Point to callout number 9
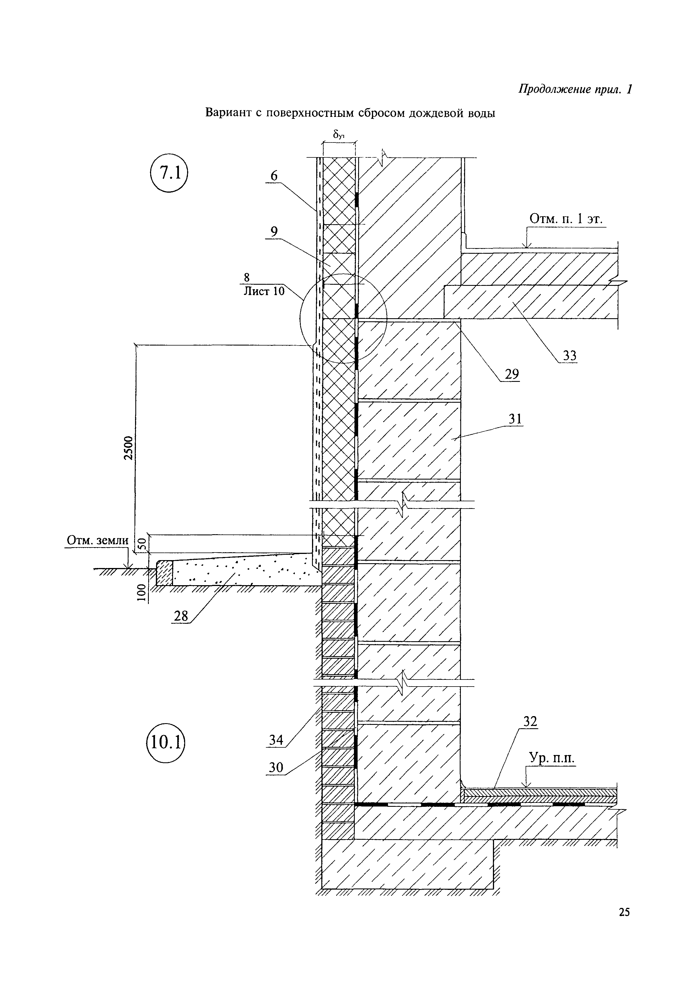click(274, 231)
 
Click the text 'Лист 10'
click(264, 291)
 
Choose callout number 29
click(512, 374)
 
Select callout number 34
click(276, 740)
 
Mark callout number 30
click(276, 767)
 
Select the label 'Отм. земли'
click(97, 540)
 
